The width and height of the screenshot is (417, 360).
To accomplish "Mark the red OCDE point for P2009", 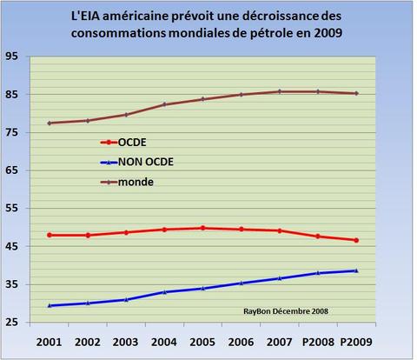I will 355,240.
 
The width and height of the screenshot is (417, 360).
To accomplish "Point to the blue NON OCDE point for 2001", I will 50,305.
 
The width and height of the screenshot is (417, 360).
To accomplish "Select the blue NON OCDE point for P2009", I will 355,270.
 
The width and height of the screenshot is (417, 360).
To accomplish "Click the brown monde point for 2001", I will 50,123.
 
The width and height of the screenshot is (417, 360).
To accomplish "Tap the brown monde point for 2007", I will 279,91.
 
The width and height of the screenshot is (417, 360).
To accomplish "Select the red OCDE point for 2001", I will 50,235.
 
